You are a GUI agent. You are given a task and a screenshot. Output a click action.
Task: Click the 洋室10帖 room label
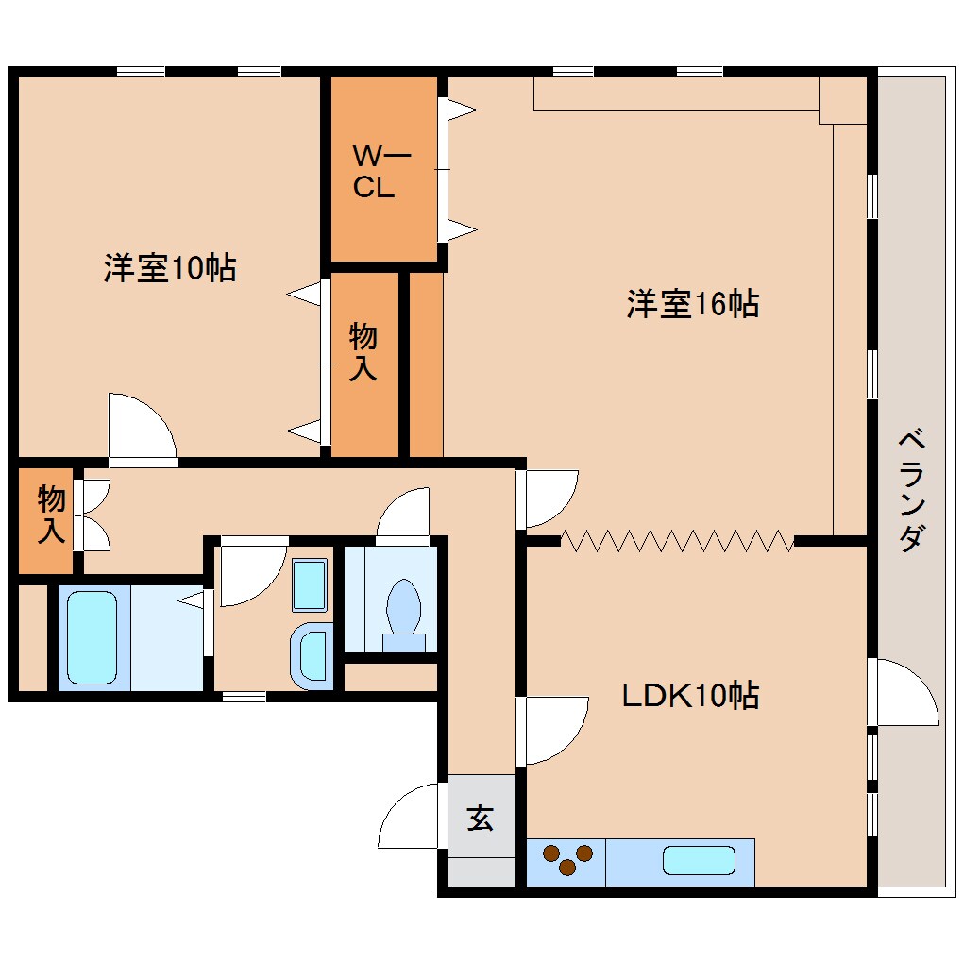point(170,268)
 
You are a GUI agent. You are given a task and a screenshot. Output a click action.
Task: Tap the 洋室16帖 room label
point(693,304)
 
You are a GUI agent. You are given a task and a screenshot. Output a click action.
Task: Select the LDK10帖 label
point(690,697)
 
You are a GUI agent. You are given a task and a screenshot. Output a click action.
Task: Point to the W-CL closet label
point(374,172)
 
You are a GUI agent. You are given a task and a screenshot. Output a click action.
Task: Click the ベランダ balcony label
point(910,491)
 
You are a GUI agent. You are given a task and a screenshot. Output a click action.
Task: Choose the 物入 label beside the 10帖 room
point(363,352)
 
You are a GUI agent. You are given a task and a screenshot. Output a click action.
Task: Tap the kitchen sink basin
point(699,860)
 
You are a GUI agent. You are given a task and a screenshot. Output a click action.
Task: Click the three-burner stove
point(566,861)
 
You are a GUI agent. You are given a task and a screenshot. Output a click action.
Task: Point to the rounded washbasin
point(311,655)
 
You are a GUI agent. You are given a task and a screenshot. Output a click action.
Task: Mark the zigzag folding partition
point(677,541)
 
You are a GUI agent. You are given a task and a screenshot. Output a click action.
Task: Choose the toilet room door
point(403,514)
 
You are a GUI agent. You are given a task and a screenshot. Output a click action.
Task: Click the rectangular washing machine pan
point(309,584)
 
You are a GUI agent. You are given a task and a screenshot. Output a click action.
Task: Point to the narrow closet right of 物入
point(426,364)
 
